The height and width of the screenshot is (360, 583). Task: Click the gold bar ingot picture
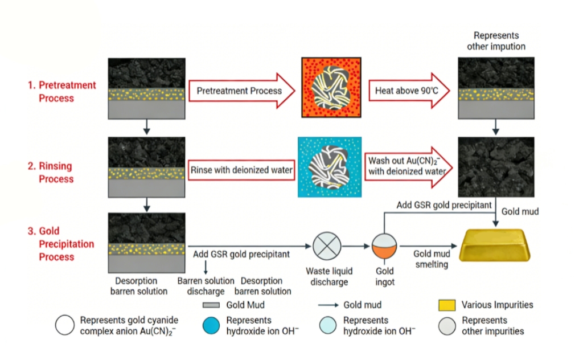(495, 244)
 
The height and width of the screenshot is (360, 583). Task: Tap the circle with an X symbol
(327, 247)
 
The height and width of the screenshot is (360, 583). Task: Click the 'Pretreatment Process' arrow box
(241, 91)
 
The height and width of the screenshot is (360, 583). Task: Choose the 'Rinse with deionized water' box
(241, 170)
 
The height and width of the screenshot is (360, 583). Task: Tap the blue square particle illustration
(330, 167)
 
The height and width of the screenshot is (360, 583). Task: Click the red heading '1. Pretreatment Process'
(62, 92)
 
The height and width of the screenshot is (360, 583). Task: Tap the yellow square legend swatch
(446, 305)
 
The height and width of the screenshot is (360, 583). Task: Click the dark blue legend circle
(212, 325)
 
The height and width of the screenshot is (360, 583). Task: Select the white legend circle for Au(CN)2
(65, 325)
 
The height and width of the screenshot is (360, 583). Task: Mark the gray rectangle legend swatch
(211, 305)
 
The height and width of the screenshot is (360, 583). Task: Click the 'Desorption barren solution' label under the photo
(138, 286)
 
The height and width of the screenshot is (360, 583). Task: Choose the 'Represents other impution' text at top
(496, 41)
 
